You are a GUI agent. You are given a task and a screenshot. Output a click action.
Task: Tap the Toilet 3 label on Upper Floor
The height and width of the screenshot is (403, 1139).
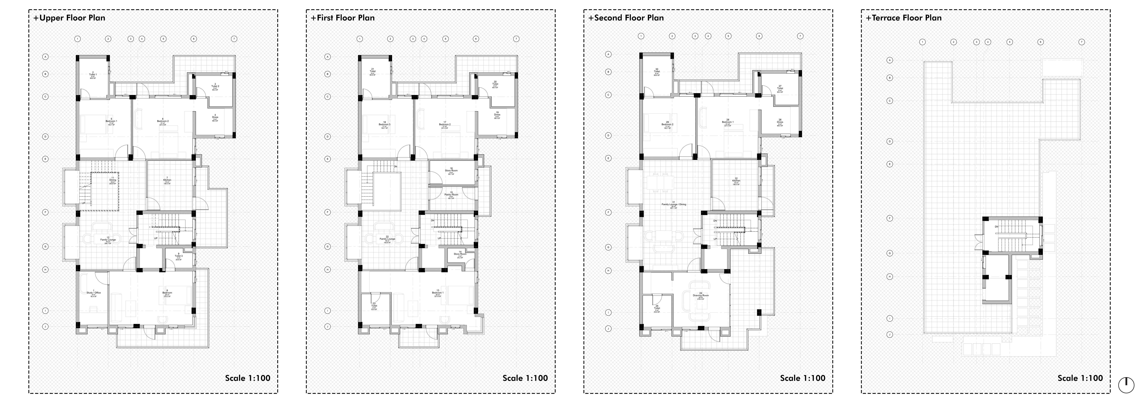[x=178, y=256]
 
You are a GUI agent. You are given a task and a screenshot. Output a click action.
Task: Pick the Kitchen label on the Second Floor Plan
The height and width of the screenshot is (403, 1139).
[x=736, y=180]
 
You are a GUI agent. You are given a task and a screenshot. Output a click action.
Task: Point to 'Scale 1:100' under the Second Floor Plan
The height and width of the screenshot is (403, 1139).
[x=802, y=378]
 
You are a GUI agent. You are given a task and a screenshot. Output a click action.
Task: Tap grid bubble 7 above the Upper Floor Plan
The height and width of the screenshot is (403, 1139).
[x=234, y=39]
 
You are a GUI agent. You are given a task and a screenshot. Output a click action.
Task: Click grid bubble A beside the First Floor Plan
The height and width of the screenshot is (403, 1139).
[x=328, y=57]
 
